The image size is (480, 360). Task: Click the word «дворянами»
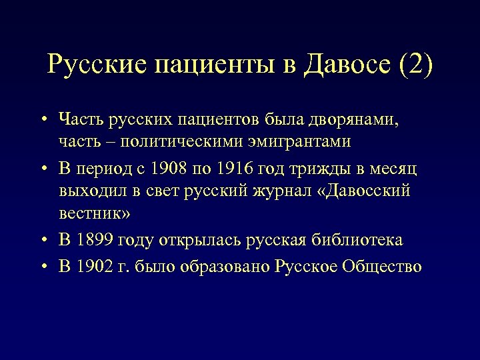point(359,121)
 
